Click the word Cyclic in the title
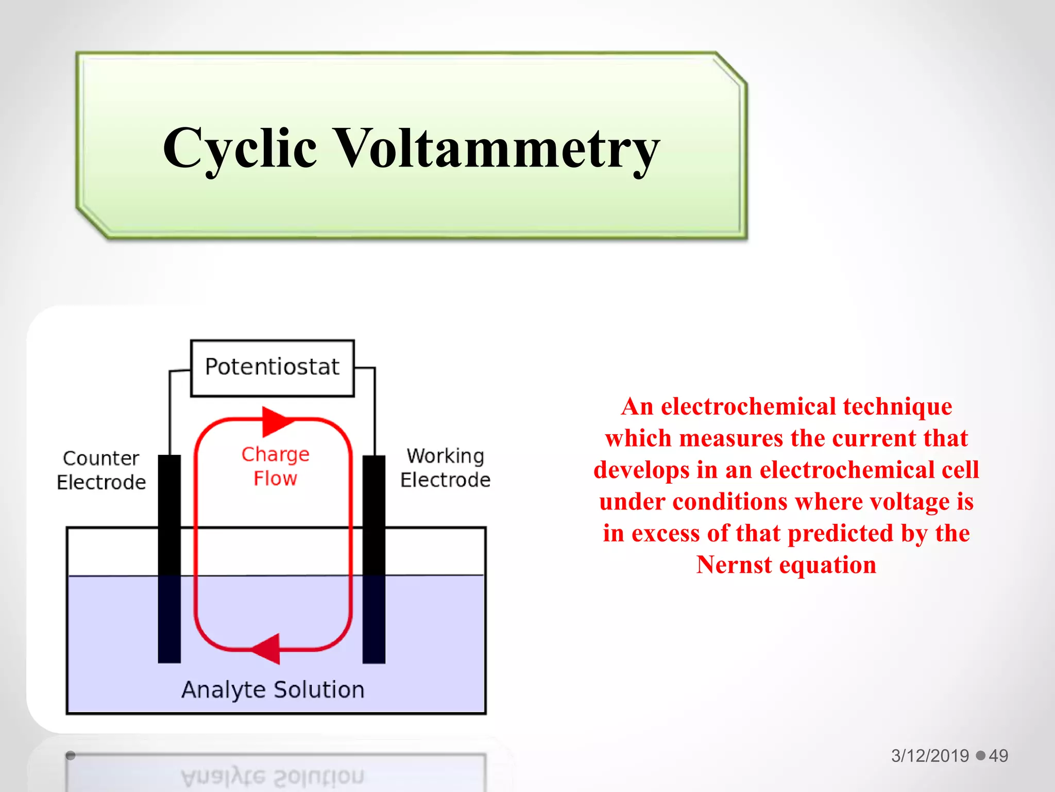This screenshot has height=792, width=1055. coord(240,148)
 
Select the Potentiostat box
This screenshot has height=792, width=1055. coord(272,368)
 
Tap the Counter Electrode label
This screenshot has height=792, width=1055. coord(101,470)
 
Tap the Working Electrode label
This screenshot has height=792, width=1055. coord(445,468)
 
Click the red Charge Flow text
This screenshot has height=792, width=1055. coord(276,466)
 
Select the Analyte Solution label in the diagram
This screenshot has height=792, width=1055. coord(273,689)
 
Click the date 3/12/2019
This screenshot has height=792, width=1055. coord(930,755)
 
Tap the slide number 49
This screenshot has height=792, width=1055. coord(998,755)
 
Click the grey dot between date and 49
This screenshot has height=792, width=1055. coord(980,755)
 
